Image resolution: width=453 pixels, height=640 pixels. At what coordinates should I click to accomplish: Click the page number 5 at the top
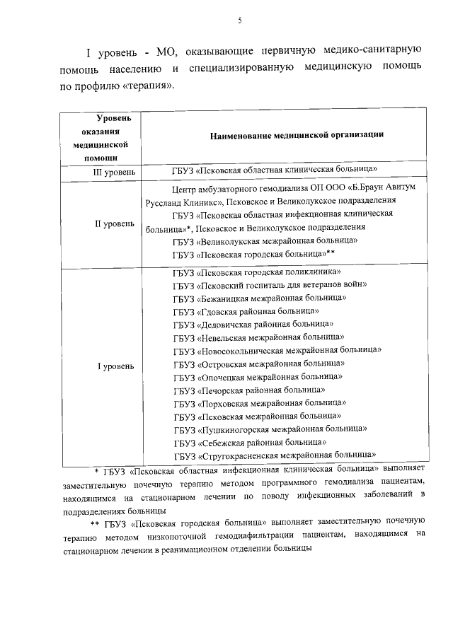(x=240, y=21)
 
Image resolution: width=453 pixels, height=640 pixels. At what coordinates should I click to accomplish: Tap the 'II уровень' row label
(x=114, y=223)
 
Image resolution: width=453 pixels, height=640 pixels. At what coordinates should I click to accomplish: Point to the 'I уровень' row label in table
(x=114, y=366)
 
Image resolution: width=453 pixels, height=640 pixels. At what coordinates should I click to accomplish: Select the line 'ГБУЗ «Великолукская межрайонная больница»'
(x=265, y=240)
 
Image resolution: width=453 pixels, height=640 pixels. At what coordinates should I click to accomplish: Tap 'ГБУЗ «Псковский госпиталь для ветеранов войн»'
(x=270, y=285)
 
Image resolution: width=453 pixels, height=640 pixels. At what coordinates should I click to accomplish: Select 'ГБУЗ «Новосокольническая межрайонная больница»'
(x=277, y=350)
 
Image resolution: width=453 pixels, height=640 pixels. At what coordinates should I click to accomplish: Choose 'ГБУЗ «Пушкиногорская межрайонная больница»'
(x=270, y=429)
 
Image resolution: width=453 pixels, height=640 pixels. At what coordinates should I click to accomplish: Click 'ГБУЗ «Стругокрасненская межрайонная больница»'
(x=274, y=455)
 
